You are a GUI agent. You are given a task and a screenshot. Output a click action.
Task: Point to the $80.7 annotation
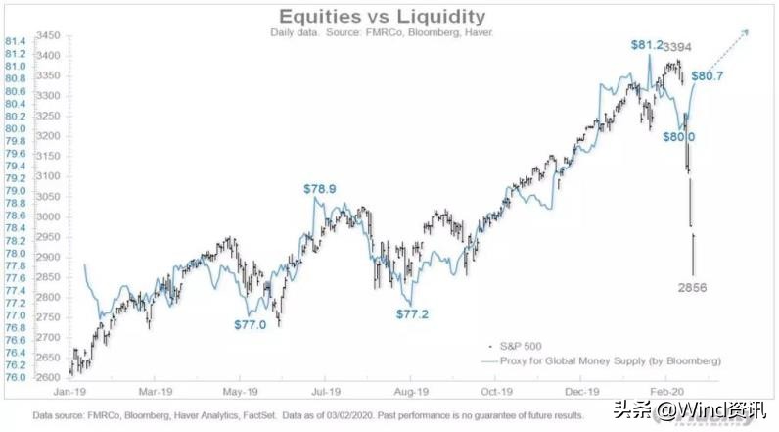point(708,75)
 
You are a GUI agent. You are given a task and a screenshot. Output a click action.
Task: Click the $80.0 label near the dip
point(686,137)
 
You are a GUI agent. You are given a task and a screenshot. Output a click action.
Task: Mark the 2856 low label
point(694,287)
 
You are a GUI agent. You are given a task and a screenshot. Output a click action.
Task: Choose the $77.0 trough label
point(250,324)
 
